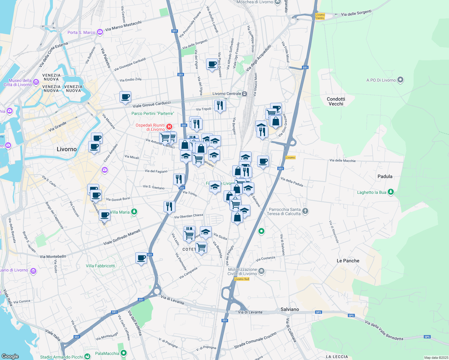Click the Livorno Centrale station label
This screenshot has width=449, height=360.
click(227, 94)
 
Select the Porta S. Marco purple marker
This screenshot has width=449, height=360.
click(100, 32)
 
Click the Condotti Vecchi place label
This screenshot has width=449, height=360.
click(336, 101)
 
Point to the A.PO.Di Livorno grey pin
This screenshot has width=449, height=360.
click(400, 80)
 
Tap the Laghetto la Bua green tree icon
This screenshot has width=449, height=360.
click(390, 192)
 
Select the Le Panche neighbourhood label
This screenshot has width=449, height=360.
click(348, 261)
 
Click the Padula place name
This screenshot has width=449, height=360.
click(385, 176)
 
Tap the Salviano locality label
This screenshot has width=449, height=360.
click(290, 309)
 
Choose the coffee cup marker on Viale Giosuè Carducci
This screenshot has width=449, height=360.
click(125, 97)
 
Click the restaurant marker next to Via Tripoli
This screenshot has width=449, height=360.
click(220, 106)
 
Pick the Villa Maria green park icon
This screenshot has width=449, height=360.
click(134, 212)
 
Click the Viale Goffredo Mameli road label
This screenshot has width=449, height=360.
click(122, 237)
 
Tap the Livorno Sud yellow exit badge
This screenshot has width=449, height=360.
click(242, 279)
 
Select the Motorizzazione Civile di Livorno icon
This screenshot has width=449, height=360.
click(261, 271)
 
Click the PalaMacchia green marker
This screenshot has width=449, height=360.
click(123, 353)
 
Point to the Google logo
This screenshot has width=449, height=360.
click(10, 356)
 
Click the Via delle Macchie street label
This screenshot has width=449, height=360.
click(342, 160)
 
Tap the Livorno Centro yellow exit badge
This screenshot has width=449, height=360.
click(320, 16)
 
